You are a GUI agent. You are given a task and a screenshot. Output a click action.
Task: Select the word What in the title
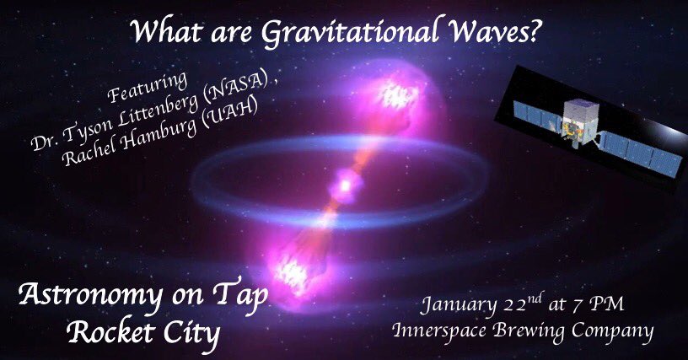tap(165, 34)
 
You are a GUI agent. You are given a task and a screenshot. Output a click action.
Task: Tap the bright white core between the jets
tap(344, 180)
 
